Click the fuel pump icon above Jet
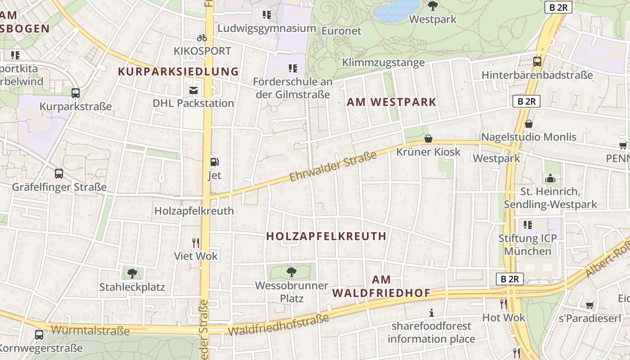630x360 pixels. [215, 162]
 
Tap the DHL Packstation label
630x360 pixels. [193, 103]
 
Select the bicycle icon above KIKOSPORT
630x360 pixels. [202, 38]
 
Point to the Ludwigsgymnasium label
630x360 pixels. [266, 28]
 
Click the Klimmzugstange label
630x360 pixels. [383, 62]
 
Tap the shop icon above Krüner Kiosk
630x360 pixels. [428, 139]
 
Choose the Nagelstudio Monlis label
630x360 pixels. [529, 137]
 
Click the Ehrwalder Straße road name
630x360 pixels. [333, 166]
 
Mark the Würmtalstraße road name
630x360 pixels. [90, 330]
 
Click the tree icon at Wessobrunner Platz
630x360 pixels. [292, 272]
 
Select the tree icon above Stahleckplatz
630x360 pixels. [132, 273]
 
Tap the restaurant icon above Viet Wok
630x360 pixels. [196, 243]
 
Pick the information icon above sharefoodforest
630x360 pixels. [432, 313]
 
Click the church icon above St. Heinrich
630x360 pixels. [550, 179]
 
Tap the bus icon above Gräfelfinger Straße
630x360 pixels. [59, 174]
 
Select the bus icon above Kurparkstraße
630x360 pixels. [76, 93]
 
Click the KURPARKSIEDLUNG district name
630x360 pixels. [178, 71]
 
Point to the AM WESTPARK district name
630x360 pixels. [391, 102]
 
